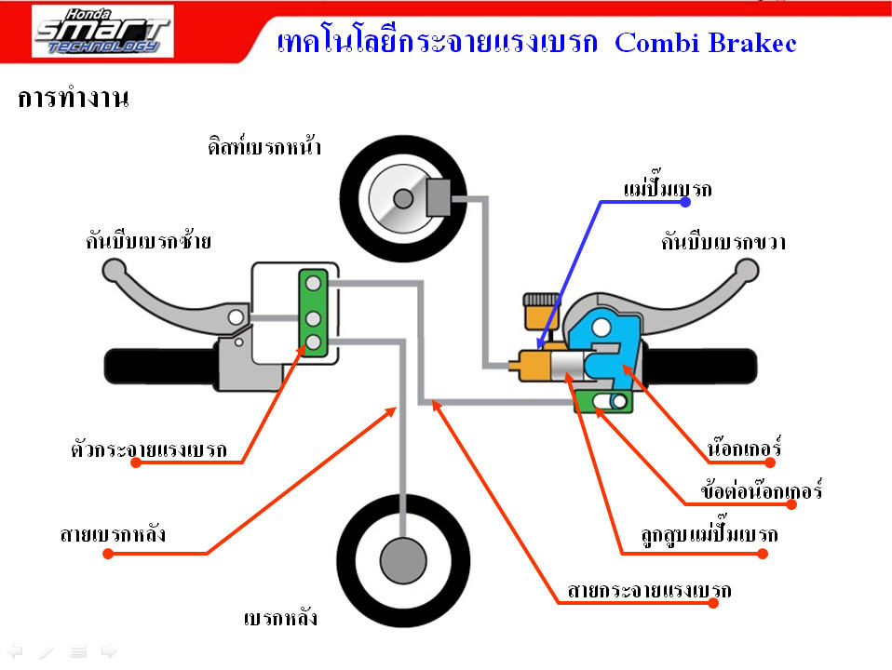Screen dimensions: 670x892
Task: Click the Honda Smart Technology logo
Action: click(101, 33)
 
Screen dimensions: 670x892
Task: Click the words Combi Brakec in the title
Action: click(706, 43)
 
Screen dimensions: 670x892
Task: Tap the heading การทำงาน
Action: click(73, 99)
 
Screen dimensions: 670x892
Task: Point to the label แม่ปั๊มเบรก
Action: click(667, 190)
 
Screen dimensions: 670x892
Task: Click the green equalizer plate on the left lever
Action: click(313, 312)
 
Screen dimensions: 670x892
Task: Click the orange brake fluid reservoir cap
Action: click(537, 301)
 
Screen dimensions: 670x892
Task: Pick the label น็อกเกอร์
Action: click(743, 449)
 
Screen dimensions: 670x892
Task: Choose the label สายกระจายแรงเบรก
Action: click(649, 591)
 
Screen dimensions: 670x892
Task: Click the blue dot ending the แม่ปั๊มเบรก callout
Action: click(685, 201)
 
